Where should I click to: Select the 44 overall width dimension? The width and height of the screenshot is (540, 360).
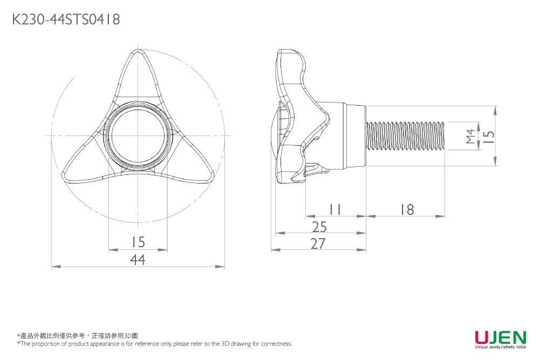138,260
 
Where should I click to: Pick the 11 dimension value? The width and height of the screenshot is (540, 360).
335,209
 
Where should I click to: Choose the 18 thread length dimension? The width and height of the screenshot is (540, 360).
407,209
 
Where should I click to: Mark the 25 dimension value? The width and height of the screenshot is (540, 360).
319,227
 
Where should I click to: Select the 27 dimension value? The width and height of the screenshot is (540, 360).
319,244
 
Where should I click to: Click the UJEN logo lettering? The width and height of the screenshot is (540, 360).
500,337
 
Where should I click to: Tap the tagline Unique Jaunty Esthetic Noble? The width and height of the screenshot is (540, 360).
500,348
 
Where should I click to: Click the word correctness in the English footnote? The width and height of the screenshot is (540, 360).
276,344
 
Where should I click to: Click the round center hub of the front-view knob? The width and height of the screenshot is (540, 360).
138,135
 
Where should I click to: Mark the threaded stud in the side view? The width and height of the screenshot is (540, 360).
406,135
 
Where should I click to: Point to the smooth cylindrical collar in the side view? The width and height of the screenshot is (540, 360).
354,135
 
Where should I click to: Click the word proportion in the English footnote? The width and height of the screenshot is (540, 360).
45,344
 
